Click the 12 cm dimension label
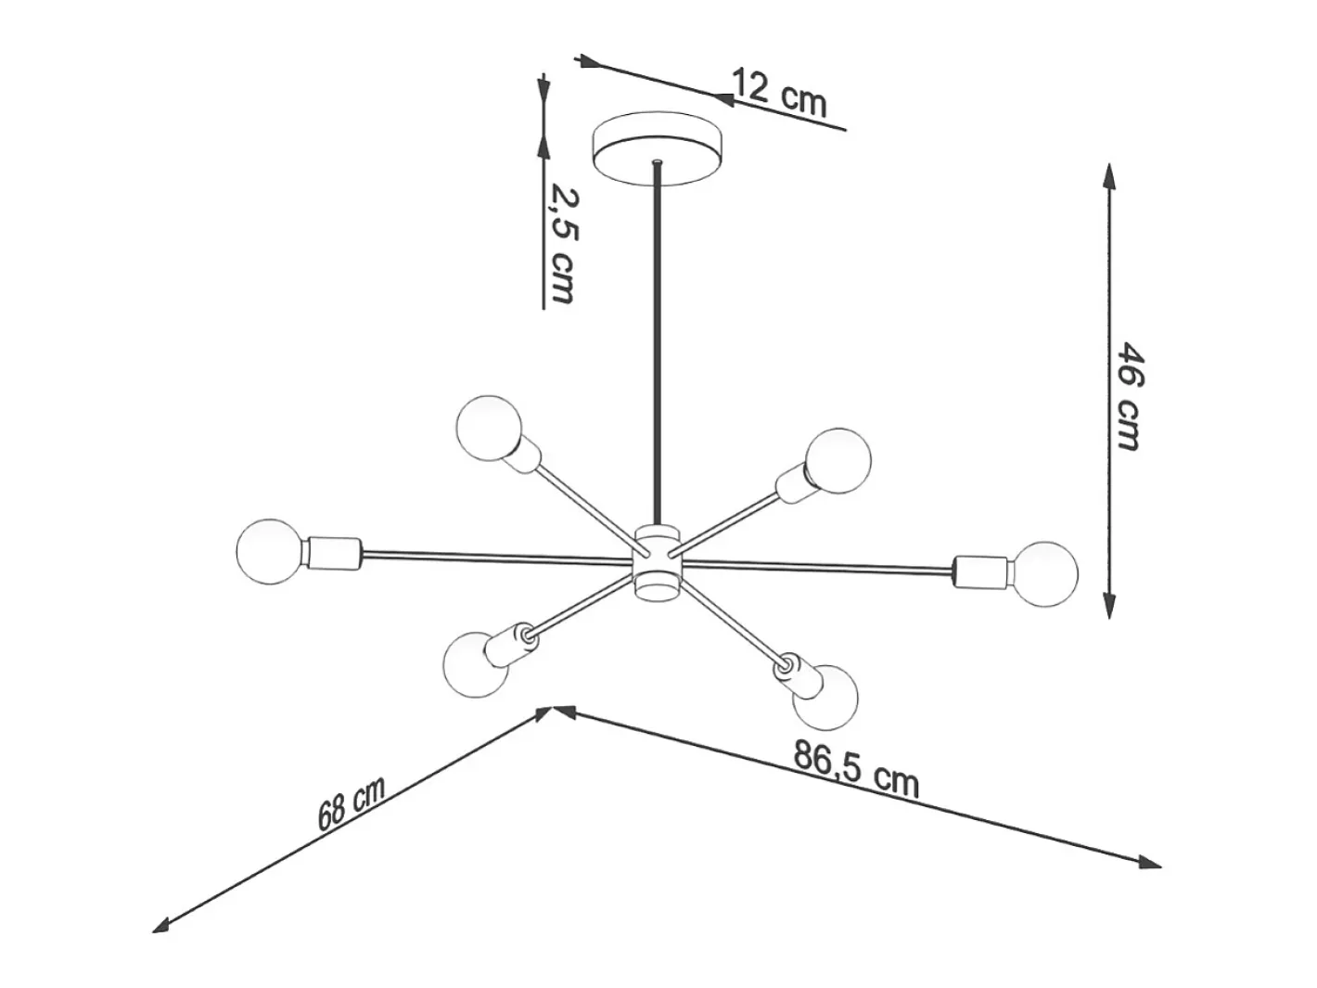click(779, 94)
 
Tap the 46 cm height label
click(1130, 396)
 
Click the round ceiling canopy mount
click(657, 148)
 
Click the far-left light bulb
click(269, 551)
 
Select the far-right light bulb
click(1044, 574)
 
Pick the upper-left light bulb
click(489, 428)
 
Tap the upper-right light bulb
click(838, 461)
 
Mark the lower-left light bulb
click(476, 664)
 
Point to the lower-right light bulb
click(825, 697)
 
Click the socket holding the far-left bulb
click(335, 553)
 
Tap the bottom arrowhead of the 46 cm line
click(1109, 604)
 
